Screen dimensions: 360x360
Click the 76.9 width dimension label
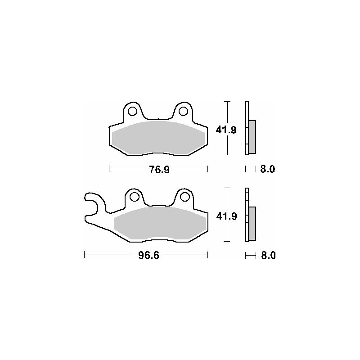159,170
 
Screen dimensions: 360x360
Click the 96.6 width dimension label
148,255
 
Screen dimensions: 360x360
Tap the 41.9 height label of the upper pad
226,130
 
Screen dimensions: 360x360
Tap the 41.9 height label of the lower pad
226,216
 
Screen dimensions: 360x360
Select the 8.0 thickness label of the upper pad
267,170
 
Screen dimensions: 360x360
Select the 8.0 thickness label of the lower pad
268,255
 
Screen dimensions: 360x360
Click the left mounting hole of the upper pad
132,111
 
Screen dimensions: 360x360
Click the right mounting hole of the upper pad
183,111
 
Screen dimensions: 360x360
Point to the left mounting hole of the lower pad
134,197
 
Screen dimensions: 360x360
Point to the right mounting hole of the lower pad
184,197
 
